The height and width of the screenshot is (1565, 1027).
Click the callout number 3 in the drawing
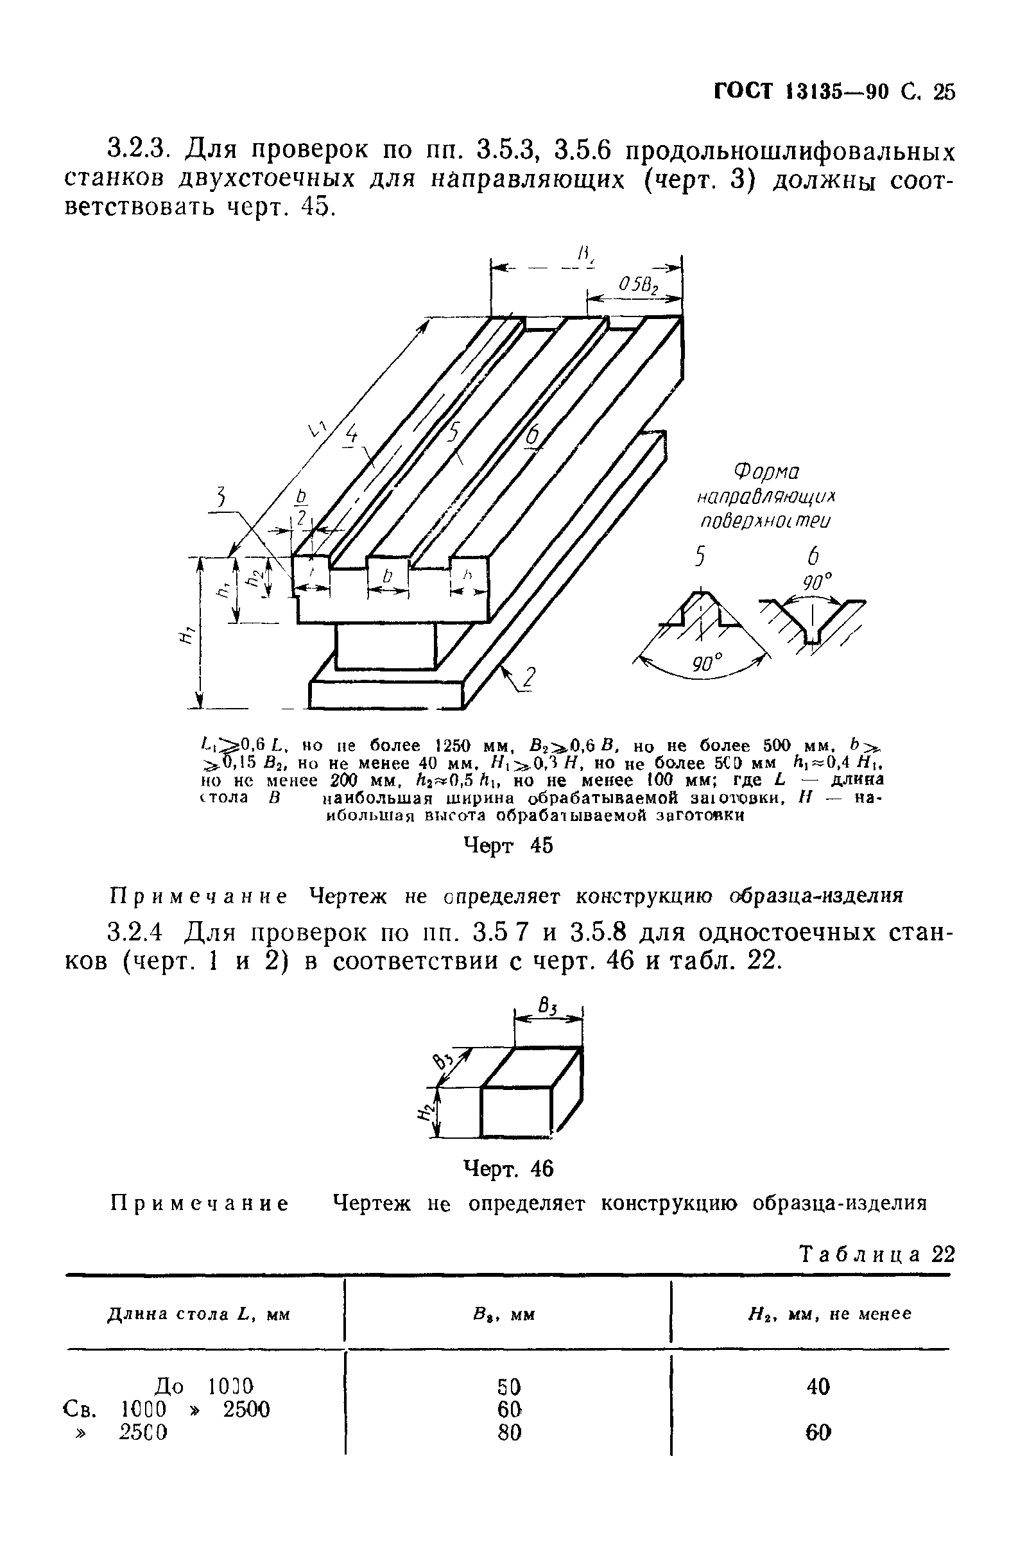click(221, 497)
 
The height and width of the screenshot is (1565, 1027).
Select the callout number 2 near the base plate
click(530, 679)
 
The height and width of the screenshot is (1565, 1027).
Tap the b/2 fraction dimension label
click(302, 508)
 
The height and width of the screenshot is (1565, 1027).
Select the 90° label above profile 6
click(816, 582)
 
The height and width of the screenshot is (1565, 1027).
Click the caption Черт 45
click(509, 845)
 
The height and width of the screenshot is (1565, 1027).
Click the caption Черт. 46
click(509, 1168)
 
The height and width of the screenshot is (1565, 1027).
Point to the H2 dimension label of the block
click(426, 1111)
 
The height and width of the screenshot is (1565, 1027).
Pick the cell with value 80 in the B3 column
click(510, 1432)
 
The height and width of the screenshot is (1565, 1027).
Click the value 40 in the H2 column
click(818, 1387)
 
